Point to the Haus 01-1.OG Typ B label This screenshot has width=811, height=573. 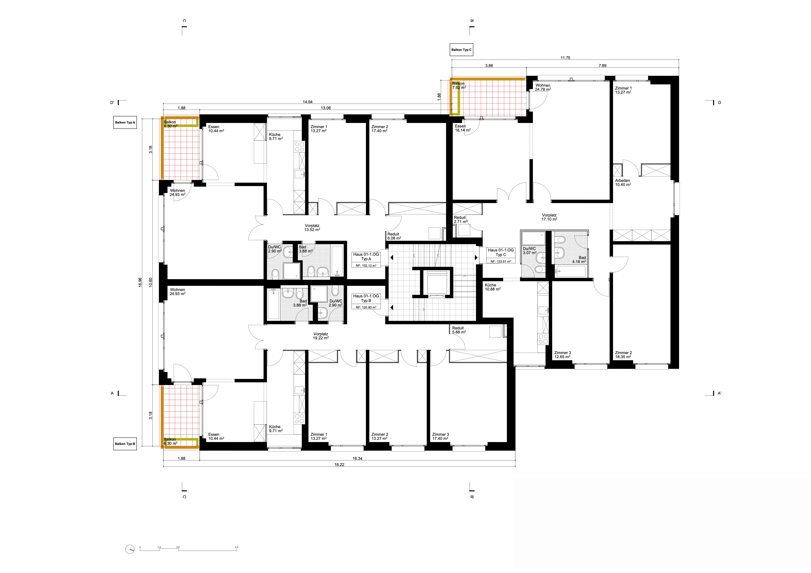[x=366, y=298]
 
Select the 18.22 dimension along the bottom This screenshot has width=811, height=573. [x=339, y=465]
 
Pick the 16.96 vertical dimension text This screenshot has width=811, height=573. [x=140, y=282]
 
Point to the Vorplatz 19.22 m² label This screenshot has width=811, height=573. [x=321, y=336]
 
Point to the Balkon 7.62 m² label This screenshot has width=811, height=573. [x=459, y=85]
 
